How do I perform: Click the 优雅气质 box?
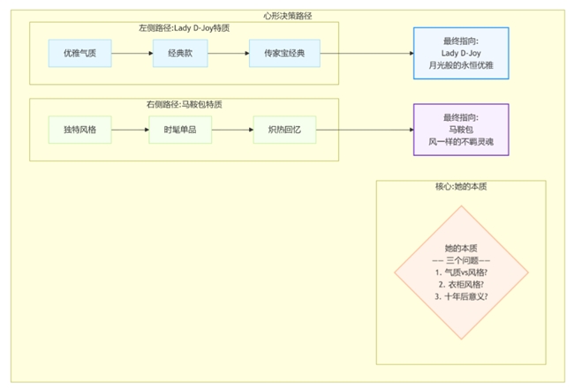(80, 53)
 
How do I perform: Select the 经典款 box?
(179, 53)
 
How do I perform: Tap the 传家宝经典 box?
(284, 53)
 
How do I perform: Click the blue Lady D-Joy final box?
(461, 53)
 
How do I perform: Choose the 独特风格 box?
(80, 130)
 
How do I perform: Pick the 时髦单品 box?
(179, 130)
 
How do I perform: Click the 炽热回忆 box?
(284, 130)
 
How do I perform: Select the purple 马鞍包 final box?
(461, 130)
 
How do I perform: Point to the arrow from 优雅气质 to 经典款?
(132, 53)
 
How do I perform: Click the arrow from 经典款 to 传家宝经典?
(229, 53)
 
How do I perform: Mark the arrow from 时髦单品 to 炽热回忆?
(231, 130)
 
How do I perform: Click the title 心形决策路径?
(287, 15)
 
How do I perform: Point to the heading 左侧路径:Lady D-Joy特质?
(184, 27)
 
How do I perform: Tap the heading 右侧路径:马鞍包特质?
(184, 104)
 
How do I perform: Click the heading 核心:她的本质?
(461, 186)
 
